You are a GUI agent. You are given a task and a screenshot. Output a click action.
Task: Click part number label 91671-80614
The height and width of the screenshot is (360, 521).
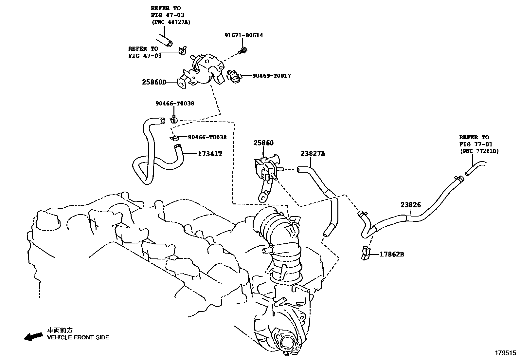pos(243,35)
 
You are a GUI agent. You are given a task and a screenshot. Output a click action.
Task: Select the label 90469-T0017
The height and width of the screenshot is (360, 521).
pos(271,76)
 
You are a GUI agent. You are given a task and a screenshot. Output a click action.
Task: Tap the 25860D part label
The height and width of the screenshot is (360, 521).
pos(154,82)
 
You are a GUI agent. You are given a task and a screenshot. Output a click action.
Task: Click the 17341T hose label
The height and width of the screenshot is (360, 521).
pos(210,154)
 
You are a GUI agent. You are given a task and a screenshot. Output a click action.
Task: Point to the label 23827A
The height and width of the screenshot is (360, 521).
pos(313,153)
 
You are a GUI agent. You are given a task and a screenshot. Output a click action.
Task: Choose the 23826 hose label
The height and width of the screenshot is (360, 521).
pos(410,205)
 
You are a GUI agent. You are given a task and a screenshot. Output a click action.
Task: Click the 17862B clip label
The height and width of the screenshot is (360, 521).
pos(392,254)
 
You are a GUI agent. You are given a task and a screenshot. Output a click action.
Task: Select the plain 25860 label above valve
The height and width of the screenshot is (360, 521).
pos(263,143)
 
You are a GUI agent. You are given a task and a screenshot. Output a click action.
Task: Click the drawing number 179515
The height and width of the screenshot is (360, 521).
pos(505,353)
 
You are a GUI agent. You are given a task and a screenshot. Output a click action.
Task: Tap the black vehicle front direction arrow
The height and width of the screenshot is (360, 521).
pos(33,336)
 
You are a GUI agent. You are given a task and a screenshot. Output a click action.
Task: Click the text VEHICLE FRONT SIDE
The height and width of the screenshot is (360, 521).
pos(78,337)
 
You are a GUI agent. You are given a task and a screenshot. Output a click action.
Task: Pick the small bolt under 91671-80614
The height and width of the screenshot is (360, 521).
pos(243,51)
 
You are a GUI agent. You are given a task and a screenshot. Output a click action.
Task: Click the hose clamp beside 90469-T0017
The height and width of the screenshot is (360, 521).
pos(234,77)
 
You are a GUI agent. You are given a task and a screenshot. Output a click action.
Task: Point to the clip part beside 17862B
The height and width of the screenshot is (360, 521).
pos(366,254)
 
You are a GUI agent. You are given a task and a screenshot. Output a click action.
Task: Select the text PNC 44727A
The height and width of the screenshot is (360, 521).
pos(171,22)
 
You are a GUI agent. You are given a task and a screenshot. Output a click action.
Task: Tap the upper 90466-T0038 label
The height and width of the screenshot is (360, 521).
pos(174,104)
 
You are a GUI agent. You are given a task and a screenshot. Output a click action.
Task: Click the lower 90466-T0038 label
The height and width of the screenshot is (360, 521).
pos(207,137)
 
